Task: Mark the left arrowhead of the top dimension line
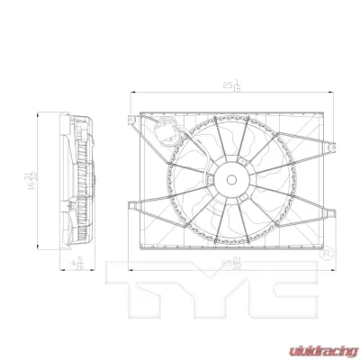[x=132, y=91]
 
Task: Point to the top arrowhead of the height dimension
[x=37, y=113]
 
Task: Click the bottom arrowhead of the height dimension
[x=37, y=248]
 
